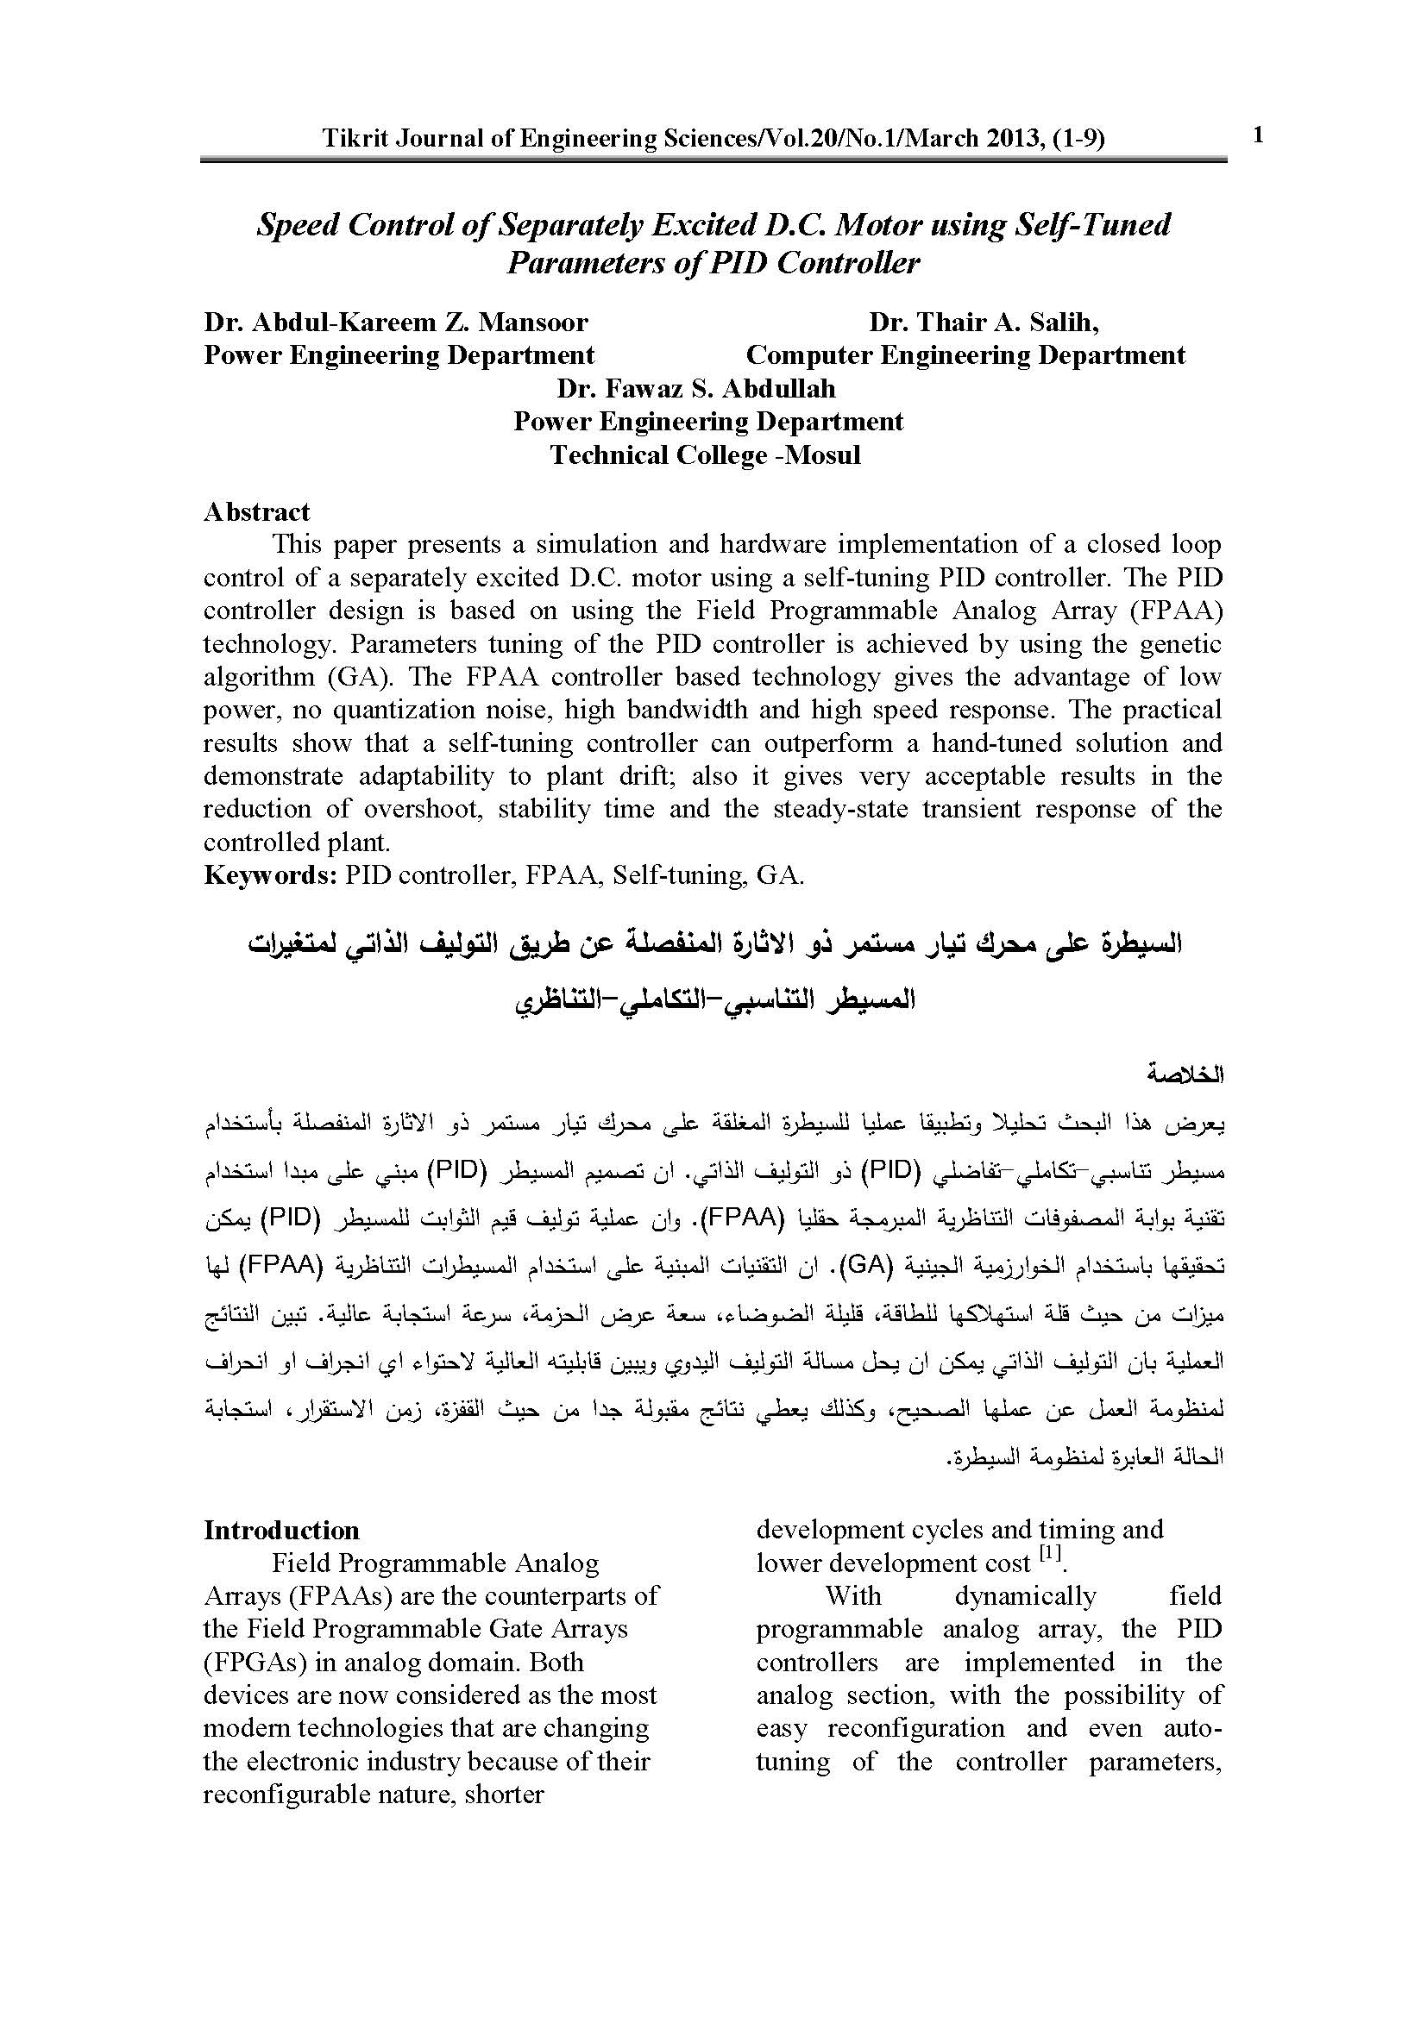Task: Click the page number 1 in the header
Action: tap(1258, 135)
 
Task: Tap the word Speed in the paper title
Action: tap(297, 225)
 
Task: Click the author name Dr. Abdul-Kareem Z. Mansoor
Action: tap(395, 323)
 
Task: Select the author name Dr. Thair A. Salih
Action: tap(984, 323)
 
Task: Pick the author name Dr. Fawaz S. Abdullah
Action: tap(695, 388)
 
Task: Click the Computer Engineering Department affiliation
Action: tap(965, 356)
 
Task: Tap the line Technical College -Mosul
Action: tap(705, 455)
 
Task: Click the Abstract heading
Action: tap(256, 512)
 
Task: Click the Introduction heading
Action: tap(281, 1531)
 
